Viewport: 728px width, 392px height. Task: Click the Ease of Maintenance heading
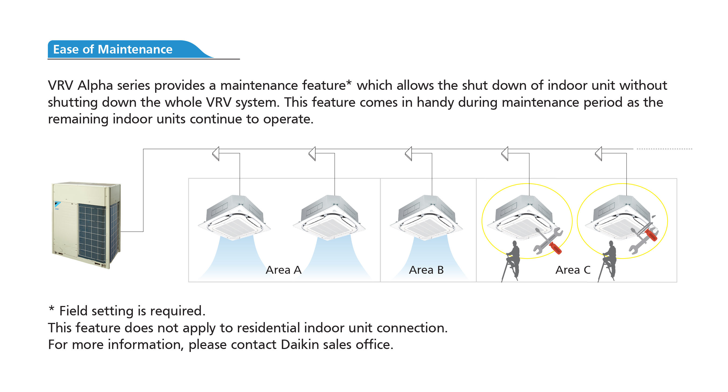[112, 49]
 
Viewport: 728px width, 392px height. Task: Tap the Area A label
[283, 270]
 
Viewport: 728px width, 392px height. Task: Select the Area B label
[426, 270]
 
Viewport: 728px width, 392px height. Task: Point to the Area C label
[573, 270]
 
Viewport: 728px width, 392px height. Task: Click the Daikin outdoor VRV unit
[86, 225]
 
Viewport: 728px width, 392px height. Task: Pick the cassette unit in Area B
[426, 217]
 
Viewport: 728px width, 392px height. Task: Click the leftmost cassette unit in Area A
[234, 217]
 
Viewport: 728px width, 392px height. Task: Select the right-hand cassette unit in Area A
[329, 217]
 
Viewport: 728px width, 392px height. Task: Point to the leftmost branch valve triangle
[216, 154]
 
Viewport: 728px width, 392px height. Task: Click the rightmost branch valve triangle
[599, 154]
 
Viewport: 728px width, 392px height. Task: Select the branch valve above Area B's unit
[409, 154]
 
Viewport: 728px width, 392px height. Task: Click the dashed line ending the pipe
[664, 149]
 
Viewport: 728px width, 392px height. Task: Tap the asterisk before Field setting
[51, 308]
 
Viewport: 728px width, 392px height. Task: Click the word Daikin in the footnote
[300, 344]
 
